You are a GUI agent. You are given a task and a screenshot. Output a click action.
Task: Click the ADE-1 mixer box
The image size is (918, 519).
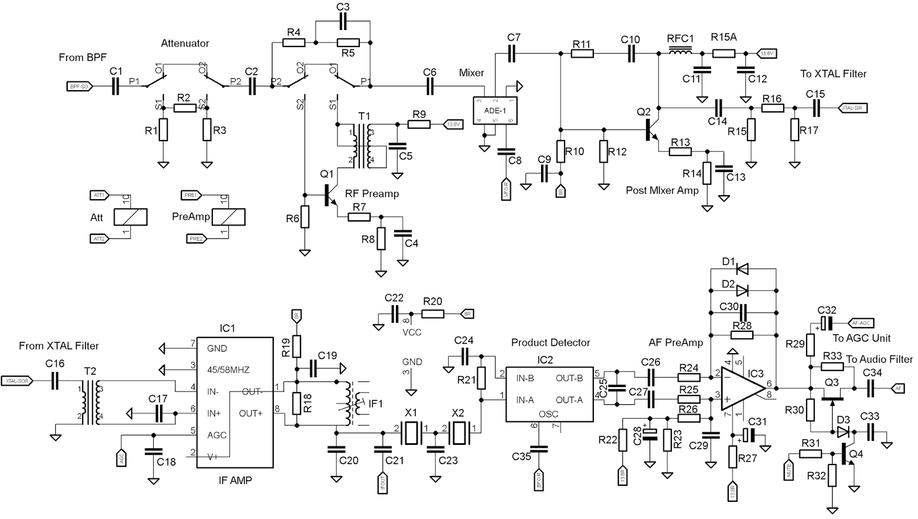click(x=495, y=109)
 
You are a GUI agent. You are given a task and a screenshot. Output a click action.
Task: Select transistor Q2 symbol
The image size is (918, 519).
click(x=651, y=129)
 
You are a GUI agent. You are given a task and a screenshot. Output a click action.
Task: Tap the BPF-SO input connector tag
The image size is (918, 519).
click(x=79, y=86)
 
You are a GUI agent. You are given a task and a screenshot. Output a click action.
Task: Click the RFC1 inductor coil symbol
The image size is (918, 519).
click(x=680, y=53)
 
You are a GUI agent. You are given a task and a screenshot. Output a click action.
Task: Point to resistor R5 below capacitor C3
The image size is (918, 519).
click(x=348, y=42)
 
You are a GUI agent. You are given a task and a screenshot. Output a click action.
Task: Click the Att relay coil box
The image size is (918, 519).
click(x=131, y=216)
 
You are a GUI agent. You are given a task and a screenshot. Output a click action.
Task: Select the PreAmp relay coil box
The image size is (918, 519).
click(x=228, y=216)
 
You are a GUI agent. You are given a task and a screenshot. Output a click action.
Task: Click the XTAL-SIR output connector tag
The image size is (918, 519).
click(x=853, y=107)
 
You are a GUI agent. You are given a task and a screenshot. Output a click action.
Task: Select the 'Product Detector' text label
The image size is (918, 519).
click(x=550, y=343)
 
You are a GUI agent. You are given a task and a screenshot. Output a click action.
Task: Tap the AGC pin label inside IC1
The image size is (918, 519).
click(x=217, y=435)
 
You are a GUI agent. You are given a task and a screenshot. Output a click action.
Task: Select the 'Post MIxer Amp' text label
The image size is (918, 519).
click(x=662, y=190)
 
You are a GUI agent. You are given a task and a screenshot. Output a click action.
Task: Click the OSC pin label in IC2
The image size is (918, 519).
click(x=549, y=414)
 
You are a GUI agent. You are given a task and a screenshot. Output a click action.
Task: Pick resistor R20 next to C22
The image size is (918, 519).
click(x=433, y=314)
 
